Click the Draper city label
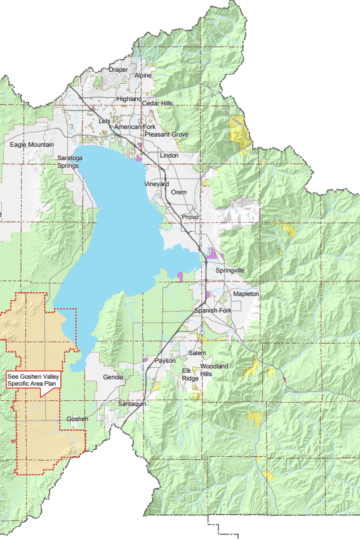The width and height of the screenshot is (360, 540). tap(119, 70)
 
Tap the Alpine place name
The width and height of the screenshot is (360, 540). tap(143, 76)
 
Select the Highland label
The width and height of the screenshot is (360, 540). tap(129, 99)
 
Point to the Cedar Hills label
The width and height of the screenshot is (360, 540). tap(157, 104)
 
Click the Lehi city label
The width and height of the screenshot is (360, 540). tap(105, 121)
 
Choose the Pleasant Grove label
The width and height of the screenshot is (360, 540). tap(166, 135)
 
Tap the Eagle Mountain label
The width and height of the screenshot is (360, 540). tap(32, 145)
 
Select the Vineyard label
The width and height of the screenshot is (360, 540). tap(156, 184)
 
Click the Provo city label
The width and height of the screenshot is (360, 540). tap(190, 217)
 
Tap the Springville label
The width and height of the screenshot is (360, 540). tap(230, 271)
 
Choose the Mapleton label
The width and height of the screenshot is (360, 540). tap(246, 295)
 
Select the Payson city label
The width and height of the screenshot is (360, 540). tap(165, 361)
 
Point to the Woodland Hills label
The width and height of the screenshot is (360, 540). tap(215, 370)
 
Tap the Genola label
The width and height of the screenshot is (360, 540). tap(113, 377)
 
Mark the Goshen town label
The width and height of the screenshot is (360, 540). tap(77, 419)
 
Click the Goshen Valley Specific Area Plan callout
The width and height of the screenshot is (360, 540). tap(32, 380)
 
